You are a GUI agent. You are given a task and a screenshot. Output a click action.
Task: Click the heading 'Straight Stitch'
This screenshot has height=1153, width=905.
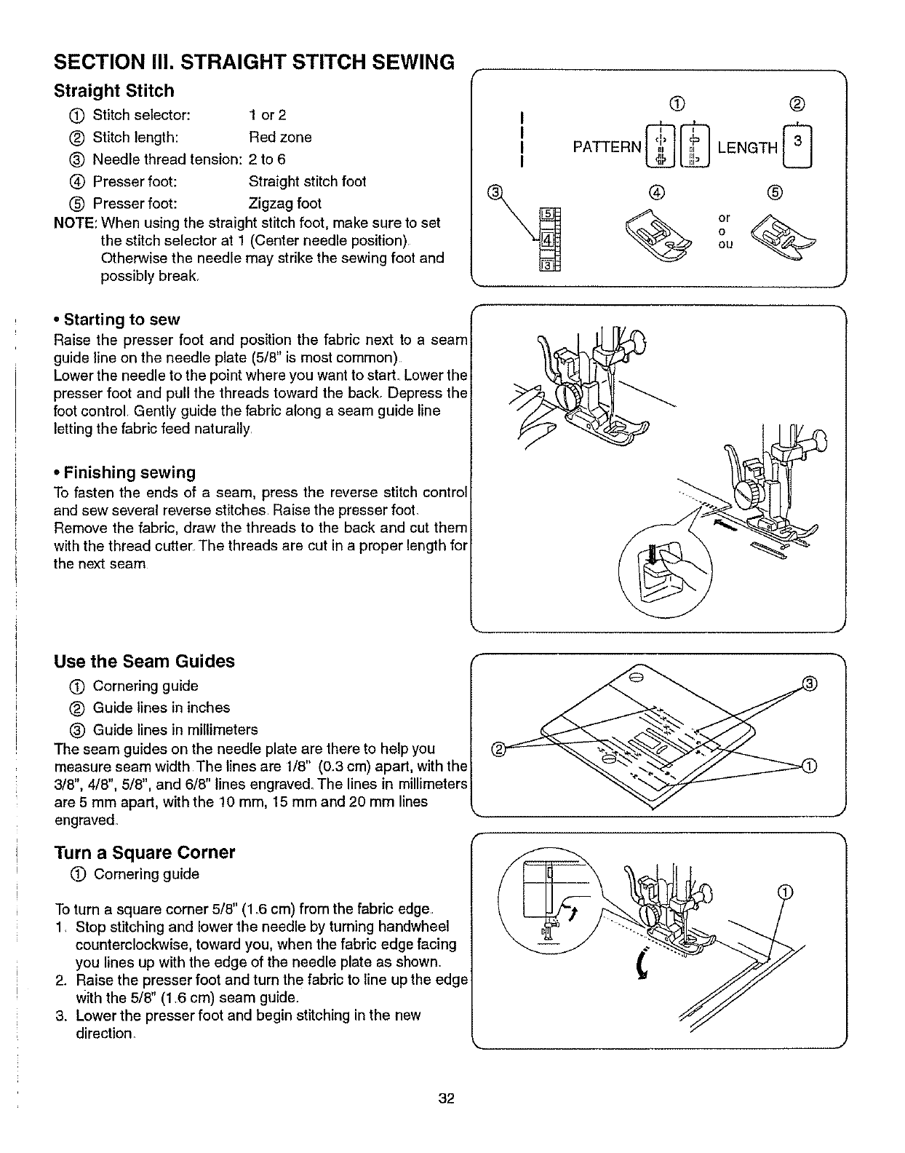[114, 91]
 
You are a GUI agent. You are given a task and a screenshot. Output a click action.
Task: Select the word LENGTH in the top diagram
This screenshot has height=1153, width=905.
[747, 148]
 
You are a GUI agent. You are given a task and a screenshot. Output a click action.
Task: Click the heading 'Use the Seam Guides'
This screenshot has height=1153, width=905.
[144, 661]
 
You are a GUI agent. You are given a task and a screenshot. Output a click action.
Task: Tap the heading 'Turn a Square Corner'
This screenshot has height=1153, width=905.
[144, 852]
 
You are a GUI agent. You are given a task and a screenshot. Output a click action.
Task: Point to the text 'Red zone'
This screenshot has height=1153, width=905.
[280, 137]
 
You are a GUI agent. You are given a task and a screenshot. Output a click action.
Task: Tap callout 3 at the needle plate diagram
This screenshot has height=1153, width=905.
[808, 683]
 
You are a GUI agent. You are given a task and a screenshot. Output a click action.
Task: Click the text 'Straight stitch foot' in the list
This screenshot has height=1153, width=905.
[307, 181]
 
